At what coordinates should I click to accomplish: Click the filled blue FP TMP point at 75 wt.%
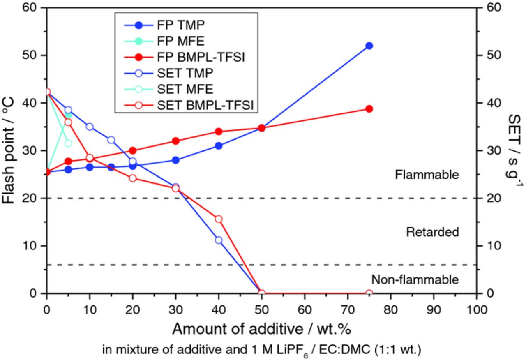pyautogui.click(x=369, y=46)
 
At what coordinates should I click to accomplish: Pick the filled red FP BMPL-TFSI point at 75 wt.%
pyautogui.click(x=369, y=109)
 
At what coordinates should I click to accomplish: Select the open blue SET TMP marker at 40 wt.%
pyautogui.click(x=219, y=240)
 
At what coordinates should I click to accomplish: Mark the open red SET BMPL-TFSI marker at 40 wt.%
pyautogui.click(x=219, y=219)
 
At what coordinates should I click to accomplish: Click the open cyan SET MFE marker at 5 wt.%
pyautogui.click(x=68, y=143)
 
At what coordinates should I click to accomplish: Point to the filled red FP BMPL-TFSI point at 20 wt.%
pyautogui.click(x=133, y=150)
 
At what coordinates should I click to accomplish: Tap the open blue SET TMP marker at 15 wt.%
pyautogui.click(x=111, y=140)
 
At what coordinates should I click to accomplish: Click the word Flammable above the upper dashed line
pyautogui.click(x=427, y=175)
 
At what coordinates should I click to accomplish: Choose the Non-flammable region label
pyautogui.click(x=415, y=280)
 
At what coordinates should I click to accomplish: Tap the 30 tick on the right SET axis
pyautogui.click(x=489, y=151)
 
